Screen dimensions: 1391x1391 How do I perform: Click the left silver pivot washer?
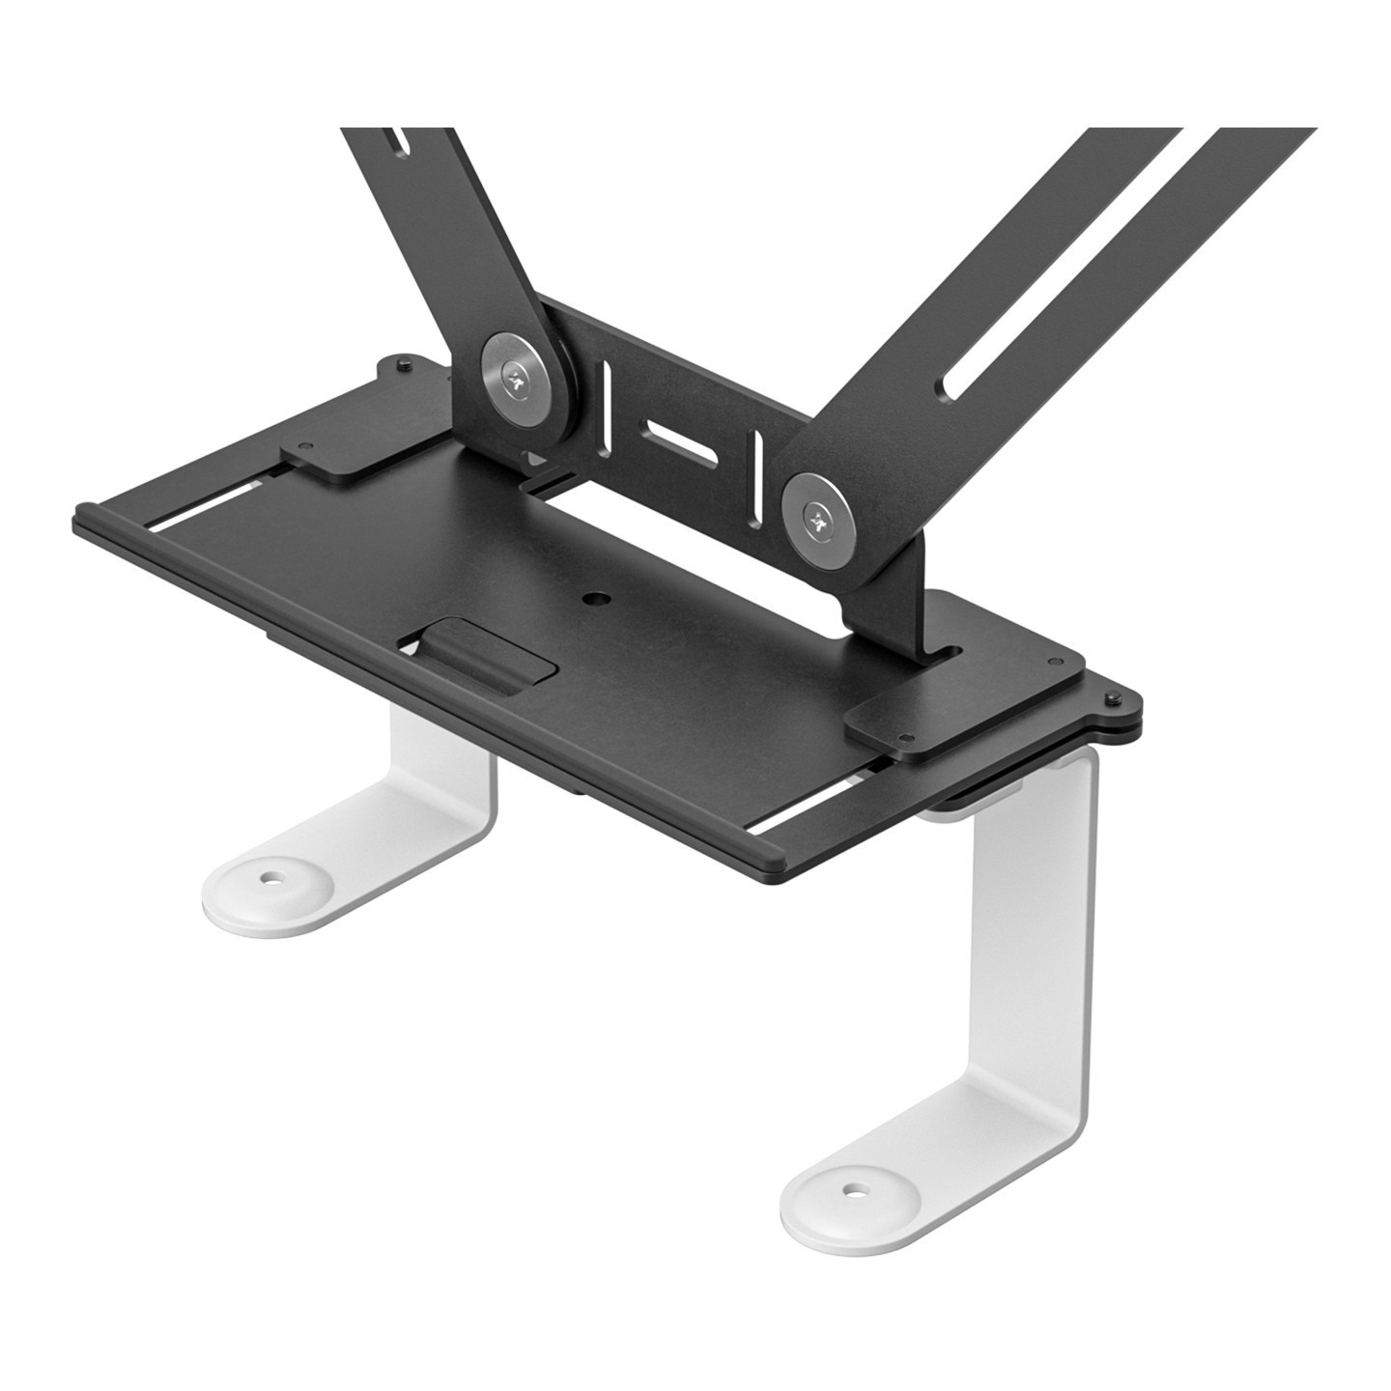tap(523, 378)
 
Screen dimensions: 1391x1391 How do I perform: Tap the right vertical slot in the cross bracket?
tap(758, 474)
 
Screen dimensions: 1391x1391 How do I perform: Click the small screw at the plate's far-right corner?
tap(1114, 698)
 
